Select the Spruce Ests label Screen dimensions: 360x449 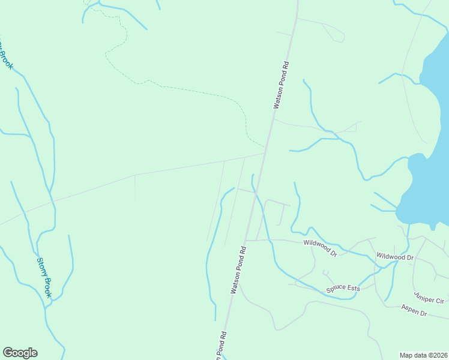343,289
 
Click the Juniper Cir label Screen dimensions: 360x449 429,297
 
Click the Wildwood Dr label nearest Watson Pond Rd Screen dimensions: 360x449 321,248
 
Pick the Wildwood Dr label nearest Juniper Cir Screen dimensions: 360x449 395,257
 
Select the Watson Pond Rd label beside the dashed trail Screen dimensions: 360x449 282,83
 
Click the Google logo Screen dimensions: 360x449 20,353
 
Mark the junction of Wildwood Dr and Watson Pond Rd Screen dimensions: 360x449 246,241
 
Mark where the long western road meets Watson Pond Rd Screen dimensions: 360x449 265,153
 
